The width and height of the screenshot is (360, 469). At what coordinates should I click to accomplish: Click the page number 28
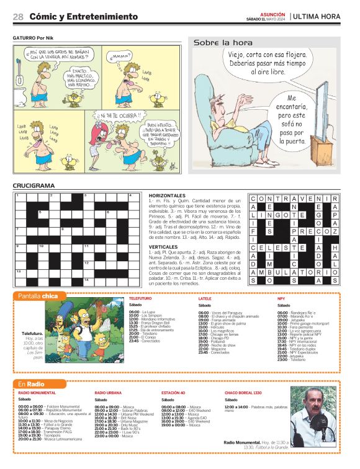coord(18,17)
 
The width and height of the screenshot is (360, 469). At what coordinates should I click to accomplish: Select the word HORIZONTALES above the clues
coord(167,195)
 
